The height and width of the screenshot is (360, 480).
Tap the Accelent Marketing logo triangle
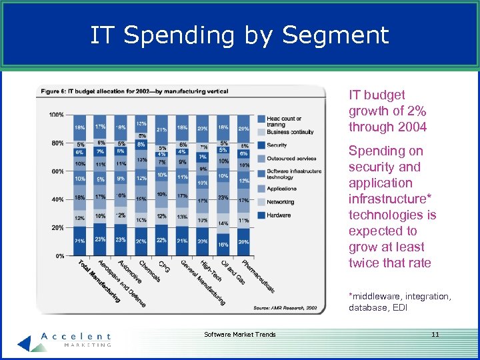click(25, 341)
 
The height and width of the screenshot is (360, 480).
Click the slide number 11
click(435, 334)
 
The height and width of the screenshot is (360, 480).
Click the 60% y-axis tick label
click(57, 171)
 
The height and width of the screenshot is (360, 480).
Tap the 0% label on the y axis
click(59, 256)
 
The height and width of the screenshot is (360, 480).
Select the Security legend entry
click(277, 145)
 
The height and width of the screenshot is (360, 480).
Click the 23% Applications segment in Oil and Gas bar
click(223, 197)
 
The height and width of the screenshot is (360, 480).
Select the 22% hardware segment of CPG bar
click(161, 240)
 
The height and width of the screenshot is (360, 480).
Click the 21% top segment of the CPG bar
click(161, 129)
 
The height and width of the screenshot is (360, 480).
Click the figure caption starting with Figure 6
click(133, 91)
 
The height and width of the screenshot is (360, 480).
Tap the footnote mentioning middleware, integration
click(399, 301)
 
